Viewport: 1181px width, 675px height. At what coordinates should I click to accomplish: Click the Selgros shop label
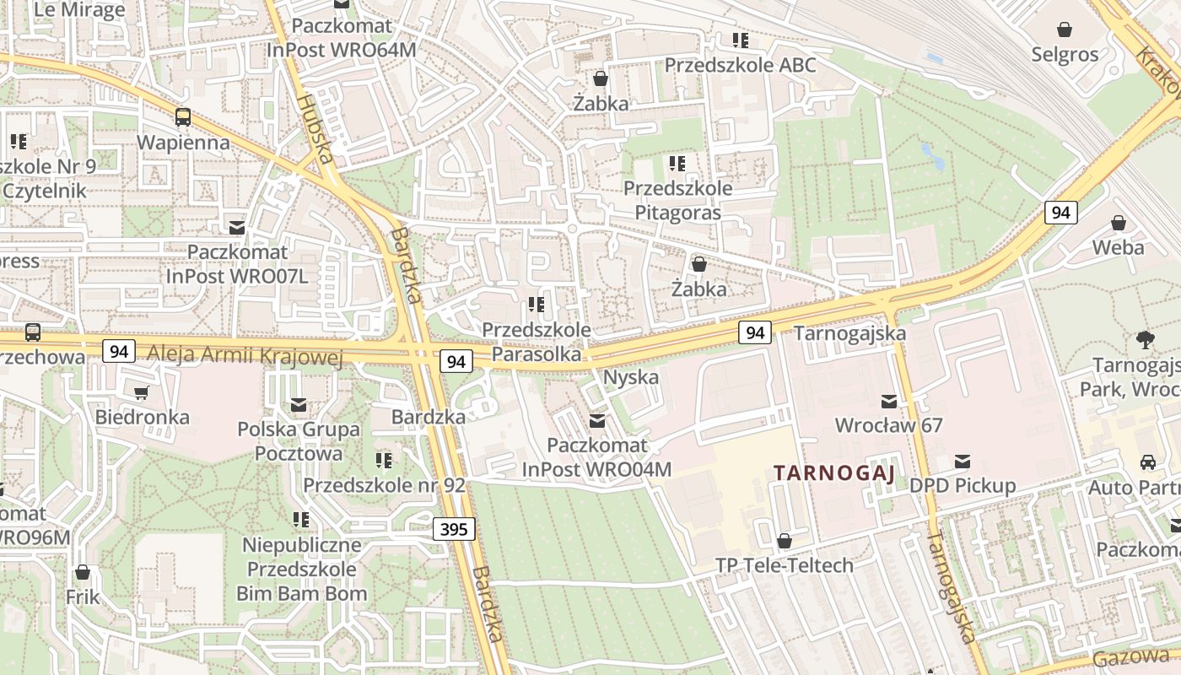click(x=1065, y=55)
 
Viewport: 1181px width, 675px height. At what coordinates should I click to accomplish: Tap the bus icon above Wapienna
click(x=183, y=117)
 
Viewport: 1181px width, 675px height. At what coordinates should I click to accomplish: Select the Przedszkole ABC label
click(x=740, y=65)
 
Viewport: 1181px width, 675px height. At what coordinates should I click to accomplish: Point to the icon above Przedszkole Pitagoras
click(x=677, y=163)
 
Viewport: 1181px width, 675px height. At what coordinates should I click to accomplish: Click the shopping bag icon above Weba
click(x=1118, y=224)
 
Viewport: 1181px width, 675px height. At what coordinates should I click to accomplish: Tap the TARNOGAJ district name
click(x=834, y=472)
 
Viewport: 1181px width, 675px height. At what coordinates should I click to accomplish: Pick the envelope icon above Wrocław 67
click(x=888, y=401)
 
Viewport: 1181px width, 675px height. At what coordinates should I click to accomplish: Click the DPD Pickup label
click(x=962, y=486)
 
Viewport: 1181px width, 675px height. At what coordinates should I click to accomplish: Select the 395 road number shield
click(x=454, y=530)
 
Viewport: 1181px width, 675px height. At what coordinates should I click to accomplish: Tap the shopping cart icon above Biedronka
click(x=141, y=392)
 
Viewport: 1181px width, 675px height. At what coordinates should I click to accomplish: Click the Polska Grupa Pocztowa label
click(x=298, y=441)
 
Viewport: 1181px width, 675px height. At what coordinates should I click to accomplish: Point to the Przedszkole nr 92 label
click(x=384, y=485)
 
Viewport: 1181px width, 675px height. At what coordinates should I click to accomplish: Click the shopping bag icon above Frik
click(x=83, y=573)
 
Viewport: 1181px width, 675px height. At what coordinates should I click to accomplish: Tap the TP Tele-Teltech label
click(x=785, y=565)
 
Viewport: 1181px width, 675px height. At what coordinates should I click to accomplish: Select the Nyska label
click(x=631, y=377)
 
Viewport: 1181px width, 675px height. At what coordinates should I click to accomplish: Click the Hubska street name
click(x=315, y=127)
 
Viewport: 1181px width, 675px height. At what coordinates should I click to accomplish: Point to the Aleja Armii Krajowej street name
click(x=245, y=355)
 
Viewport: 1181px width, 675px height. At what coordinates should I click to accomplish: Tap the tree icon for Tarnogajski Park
click(x=1145, y=340)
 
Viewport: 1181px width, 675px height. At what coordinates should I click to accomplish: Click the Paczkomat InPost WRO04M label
click(x=596, y=456)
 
